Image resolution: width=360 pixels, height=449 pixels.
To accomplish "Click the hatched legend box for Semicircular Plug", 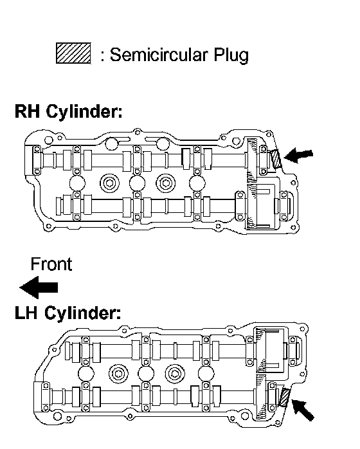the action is [73, 53].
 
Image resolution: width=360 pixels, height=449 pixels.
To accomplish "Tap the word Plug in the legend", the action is [231, 55].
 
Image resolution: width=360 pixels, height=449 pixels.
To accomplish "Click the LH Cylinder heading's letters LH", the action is [26, 313].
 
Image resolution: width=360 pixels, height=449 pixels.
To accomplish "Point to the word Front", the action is [51, 264].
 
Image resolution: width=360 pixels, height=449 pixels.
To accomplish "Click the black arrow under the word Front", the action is [39, 287].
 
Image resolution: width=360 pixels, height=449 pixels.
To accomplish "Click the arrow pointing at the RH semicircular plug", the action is [298, 156].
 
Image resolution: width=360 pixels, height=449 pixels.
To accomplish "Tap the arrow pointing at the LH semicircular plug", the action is [302, 410].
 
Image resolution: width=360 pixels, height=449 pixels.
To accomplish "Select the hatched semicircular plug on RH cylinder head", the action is [275, 160].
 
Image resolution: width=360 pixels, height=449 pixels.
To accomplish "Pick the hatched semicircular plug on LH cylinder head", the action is [284, 397].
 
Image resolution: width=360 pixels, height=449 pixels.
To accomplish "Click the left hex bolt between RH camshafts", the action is [110, 183].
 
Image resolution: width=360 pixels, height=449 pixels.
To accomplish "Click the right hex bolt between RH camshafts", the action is [165, 183].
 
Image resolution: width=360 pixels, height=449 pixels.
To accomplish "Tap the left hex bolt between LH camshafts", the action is [118, 374].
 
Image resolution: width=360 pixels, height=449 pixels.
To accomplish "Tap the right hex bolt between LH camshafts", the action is [175, 374].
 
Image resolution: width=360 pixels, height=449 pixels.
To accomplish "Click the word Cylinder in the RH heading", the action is [84, 112].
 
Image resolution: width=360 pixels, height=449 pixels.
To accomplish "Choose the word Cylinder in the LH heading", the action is [82, 313].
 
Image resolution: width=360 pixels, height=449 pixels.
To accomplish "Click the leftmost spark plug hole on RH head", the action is [77, 183].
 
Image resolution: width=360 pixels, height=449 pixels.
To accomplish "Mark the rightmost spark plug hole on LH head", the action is [206, 374].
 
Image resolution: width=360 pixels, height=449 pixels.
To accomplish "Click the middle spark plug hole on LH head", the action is [146, 374].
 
